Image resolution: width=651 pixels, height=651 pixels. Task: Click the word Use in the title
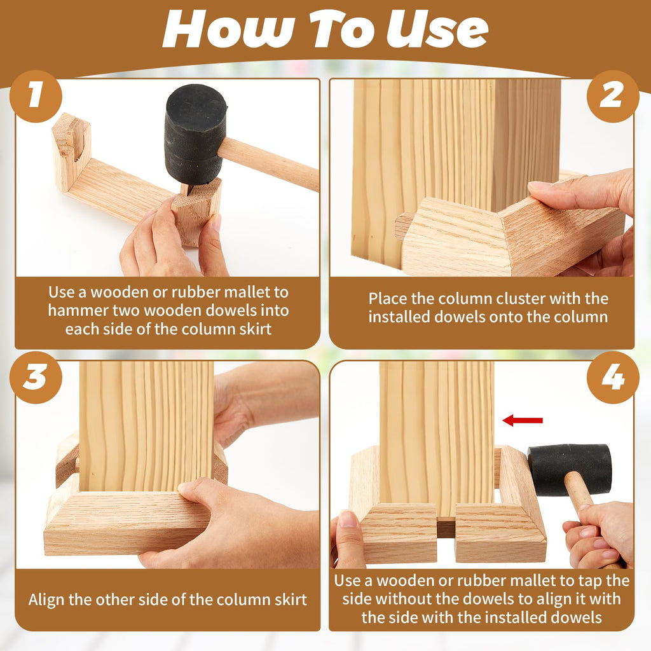click(x=437, y=30)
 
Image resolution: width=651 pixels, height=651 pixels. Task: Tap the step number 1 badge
click(x=36, y=97)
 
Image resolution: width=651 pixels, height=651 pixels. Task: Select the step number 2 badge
click(x=612, y=97)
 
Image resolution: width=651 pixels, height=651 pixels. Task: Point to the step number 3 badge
click(x=36, y=378)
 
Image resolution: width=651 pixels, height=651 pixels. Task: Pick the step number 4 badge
click(x=612, y=378)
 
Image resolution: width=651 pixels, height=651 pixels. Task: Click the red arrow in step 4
click(x=523, y=421)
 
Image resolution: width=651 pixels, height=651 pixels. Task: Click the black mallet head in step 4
click(x=570, y=469)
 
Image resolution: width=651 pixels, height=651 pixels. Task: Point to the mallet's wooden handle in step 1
click(x=268, y=163)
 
